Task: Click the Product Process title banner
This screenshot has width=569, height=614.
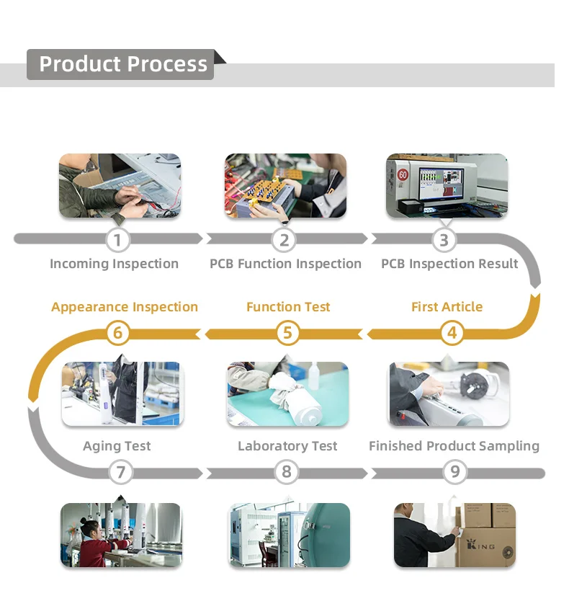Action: click(x=122, y=64)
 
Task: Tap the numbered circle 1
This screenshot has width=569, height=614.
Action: click(x=118, y=240)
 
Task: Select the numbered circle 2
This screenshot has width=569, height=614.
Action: click(x=284, y=240)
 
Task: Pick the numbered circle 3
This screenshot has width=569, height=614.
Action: click(x=444, y=240)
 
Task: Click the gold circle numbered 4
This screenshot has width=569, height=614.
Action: click(x=452, y=333)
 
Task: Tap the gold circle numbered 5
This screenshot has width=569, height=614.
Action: click(x=287, y=333)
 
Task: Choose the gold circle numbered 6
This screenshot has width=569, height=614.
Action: click(x=118, y=333)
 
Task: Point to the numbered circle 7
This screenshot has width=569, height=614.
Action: click(x=120, y=473)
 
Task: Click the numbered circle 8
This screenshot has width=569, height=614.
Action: click(x=287, y=473)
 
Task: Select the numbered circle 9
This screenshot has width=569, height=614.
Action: click(x=454, y=473)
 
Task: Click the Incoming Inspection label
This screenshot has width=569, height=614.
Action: click(x=114, y=264)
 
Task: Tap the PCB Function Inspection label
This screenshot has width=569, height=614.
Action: click(x=285, y=264)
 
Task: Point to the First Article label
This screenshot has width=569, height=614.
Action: click(x=447, y=307)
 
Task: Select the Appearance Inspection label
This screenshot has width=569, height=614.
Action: click(x=125, y=307)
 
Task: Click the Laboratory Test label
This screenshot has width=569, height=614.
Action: click(x=287, y=446)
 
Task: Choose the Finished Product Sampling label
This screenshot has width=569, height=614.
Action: click(x=454, y=446)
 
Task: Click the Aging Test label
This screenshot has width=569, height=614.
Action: click(x=117, y=446)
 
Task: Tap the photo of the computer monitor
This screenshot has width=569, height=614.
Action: click(x=447, y=185)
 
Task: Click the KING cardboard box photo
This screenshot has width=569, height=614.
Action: click(x=454, y=535)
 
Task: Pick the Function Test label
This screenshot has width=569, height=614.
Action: click(x=288, y=307)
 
